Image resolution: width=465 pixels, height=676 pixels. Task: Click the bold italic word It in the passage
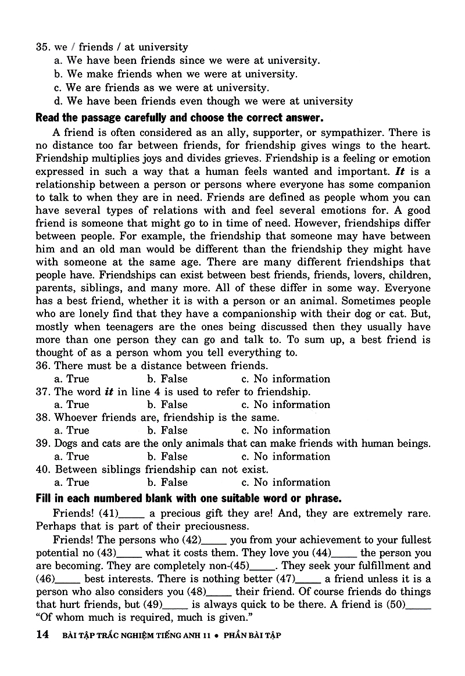pos(399,171)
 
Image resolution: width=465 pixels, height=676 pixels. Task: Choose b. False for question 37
pos(167,405)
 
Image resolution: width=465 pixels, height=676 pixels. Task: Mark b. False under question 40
pos(167,482)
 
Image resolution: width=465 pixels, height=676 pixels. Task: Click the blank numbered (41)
pos(131,514)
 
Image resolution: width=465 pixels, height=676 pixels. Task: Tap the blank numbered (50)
pos(418,606)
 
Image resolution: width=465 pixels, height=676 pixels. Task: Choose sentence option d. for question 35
pos(58,101)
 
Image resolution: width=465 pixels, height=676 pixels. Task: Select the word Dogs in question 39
pos(66,443)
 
